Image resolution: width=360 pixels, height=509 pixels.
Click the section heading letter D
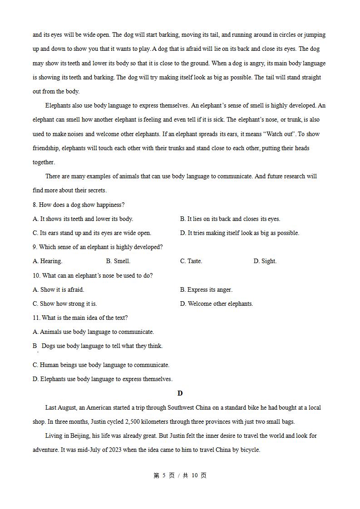[180, 393]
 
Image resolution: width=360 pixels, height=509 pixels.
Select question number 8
[35, 205]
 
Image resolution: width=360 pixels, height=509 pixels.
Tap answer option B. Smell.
[118, 261]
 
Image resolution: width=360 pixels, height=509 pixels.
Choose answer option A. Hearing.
[47, 261]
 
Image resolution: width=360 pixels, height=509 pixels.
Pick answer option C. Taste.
[191, 261]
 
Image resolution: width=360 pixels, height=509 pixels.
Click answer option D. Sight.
[265, 261]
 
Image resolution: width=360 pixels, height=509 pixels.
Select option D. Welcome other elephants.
[216, 304]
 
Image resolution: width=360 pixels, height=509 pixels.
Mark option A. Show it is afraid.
[58, 290]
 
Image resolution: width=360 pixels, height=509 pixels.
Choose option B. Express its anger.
[206, 290]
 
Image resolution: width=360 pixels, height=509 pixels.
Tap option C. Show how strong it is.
[64, 304]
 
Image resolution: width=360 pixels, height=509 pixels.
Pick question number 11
[36, 318]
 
